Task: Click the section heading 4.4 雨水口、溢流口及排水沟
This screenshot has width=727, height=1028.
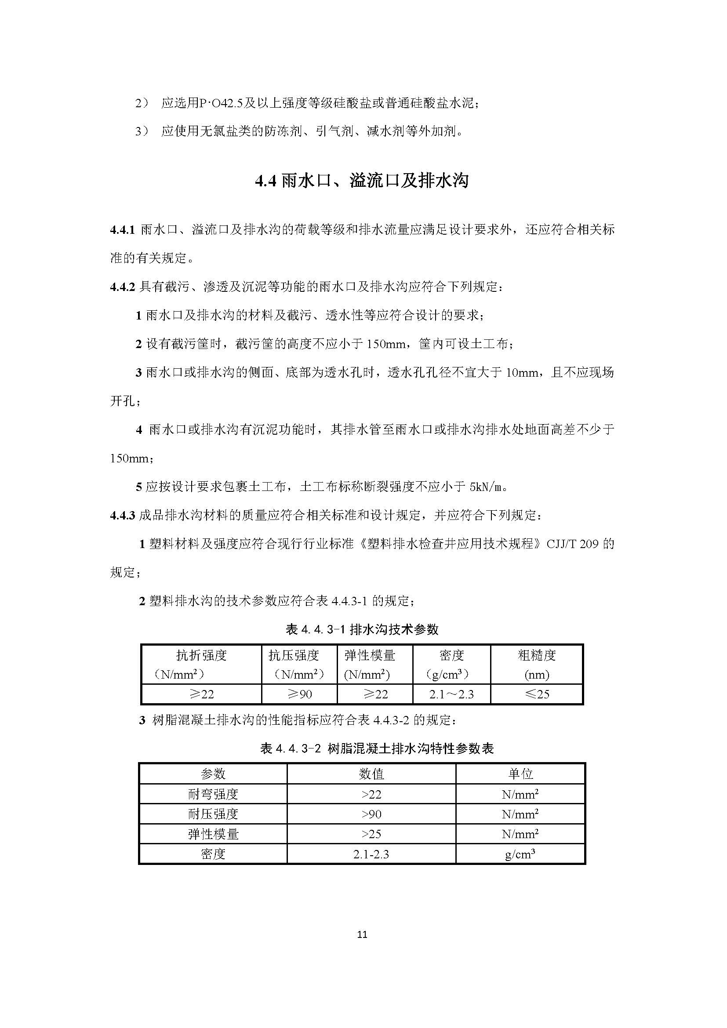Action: click(362, 181)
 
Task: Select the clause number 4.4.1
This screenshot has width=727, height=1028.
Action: click(122, 230)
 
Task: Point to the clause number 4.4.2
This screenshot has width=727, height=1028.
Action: click(122, 287)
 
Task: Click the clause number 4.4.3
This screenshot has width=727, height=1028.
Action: click(122, 516)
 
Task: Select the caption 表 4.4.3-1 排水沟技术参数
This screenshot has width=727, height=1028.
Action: click(362, 629)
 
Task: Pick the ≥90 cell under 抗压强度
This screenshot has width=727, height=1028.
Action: click(299, 694)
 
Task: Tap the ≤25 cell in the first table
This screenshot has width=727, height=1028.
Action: click(537, 694)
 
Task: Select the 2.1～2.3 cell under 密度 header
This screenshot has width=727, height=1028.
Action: click(451, 694)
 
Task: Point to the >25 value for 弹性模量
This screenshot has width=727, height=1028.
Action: click(371, 834)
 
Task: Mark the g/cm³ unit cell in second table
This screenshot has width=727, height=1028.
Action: click(520, 854)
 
